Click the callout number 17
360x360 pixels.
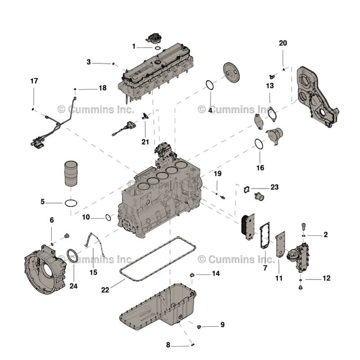pos(34,81)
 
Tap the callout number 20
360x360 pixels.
pos(283,43)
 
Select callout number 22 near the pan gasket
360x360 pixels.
pos(105,291)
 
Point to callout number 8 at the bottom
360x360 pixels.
pos(168,345)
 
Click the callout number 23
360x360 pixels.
pos(274,187)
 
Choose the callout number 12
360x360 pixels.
pos(326,278)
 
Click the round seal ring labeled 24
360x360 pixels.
pos(72,256)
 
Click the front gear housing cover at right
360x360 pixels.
pos(317,97)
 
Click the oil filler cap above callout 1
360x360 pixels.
pos(155,37)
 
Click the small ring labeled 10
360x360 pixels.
pos(108,218)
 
